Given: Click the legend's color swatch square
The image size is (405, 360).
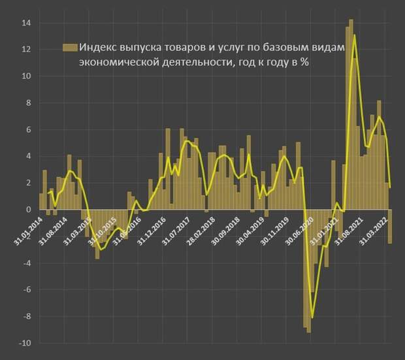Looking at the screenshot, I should (69, 47).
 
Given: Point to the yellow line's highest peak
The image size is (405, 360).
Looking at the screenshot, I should (354, 35).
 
